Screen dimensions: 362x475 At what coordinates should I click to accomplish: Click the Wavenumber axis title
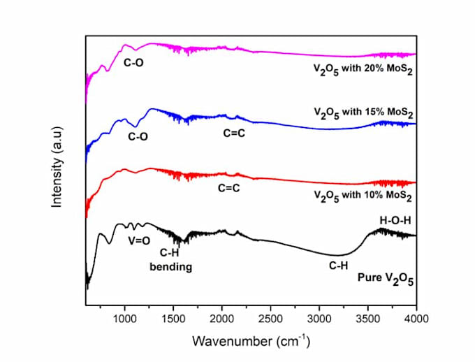pyautogui.click(x=250, y=342)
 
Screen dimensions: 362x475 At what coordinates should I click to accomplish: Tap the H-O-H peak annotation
pyautogui.click(x=395, y=221)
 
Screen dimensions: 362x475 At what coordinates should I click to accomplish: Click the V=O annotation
pyautogui.click(x=138, y=242)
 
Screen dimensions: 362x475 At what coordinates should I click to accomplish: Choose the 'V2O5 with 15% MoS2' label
pyautogui.click(x=363, y=113)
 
